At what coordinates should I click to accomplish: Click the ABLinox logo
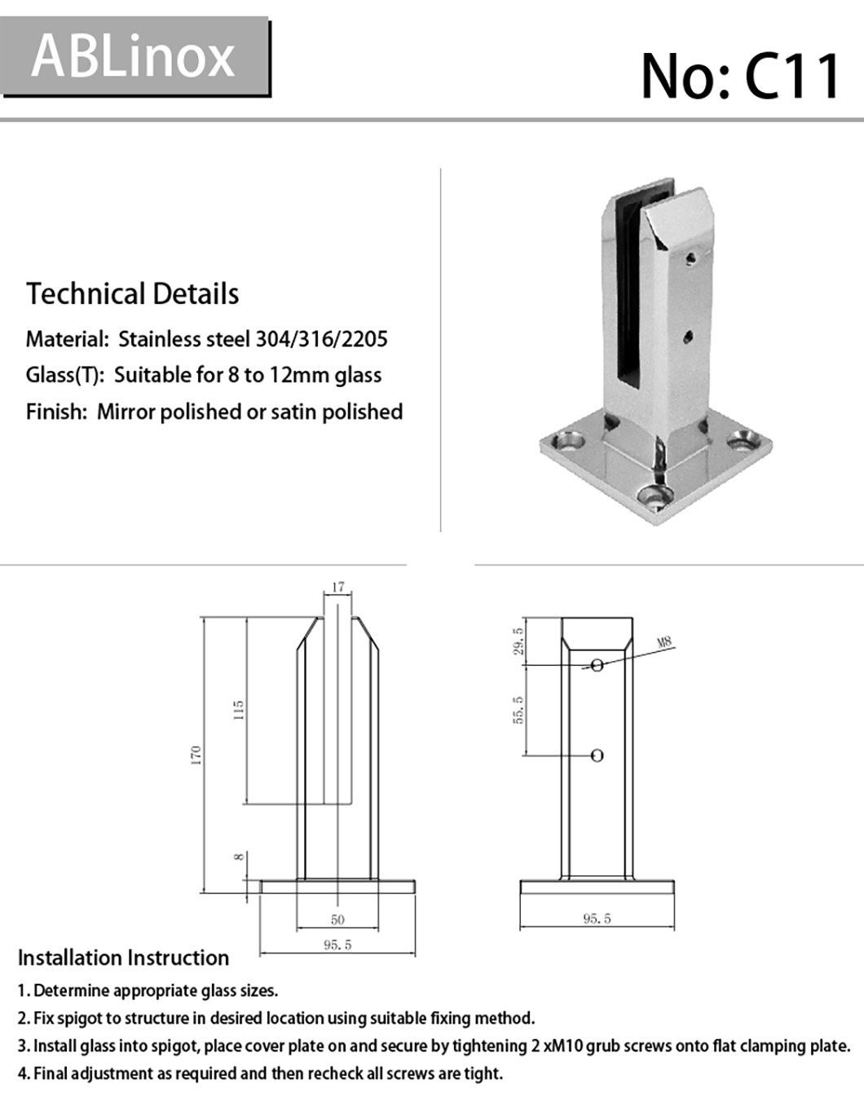pos(134,57)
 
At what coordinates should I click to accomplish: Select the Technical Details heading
pos(133,294)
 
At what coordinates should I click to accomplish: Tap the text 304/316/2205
pos(321,339)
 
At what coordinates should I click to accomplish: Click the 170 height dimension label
pos(196,753)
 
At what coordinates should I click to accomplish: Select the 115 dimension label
pos(238,709)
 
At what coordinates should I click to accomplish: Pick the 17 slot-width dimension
pos(338,587)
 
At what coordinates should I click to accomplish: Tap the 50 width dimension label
pos(337,919)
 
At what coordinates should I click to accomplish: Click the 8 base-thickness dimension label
pos(238,857)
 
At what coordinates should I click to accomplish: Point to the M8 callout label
pos(664,642)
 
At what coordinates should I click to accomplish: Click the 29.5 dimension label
pos(518,641)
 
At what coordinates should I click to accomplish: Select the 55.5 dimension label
pos(518,710)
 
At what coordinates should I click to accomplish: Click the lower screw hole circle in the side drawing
pos(597,756)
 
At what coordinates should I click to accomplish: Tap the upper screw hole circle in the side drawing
pos(597,665)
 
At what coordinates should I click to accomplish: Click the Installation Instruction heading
pos(123,958)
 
